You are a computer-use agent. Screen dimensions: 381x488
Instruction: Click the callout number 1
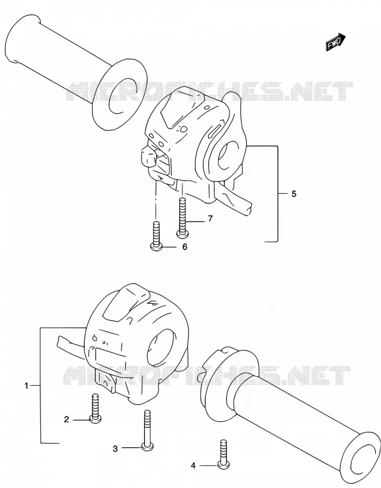[x=26, y=386]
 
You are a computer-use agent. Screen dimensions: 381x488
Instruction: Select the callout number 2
[x=66, y=420]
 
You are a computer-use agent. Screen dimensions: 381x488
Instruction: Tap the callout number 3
[x=115, y=449]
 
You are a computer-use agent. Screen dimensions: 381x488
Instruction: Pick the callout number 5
[x=294, y=194]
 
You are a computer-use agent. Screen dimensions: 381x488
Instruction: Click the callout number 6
[x=185, y=247]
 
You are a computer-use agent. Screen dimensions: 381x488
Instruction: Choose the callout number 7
[x=210, y=219]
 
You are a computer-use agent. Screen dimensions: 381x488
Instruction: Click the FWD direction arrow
[x=335, y=42]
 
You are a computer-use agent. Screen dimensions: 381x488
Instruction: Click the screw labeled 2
[x=95, y=408]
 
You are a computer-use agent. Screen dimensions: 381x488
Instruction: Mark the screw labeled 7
[x=182, y=217]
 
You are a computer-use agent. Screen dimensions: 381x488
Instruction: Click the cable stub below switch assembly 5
[x=236, y=199]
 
